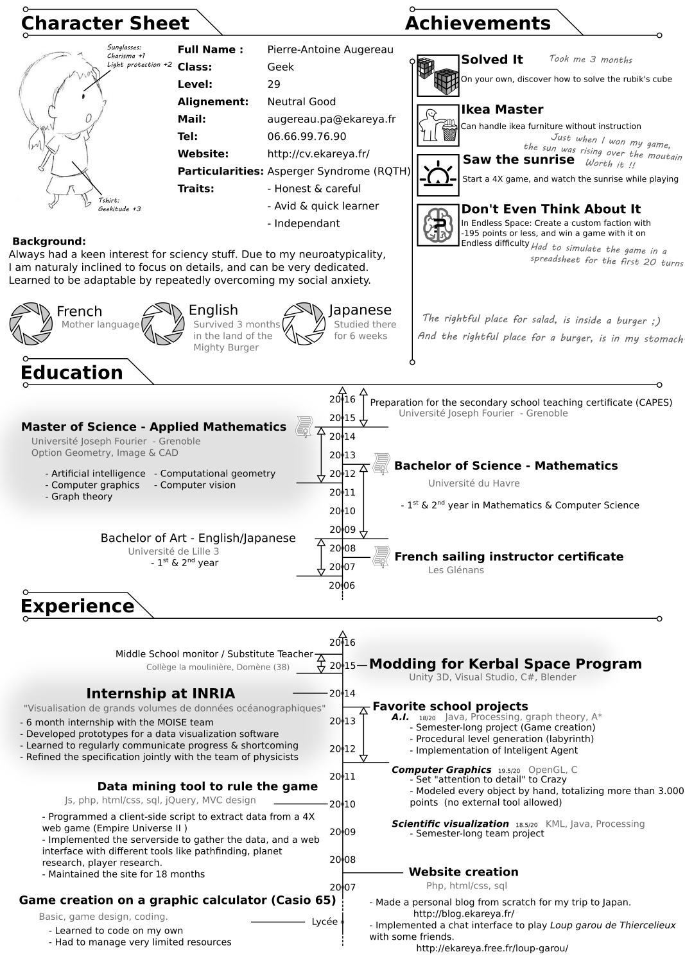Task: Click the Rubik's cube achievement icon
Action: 438,75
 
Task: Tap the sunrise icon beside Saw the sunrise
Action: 438,175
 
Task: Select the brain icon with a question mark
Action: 438,225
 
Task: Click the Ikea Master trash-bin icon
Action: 438,125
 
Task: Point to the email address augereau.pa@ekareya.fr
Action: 331,119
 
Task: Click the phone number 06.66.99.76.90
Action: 306,136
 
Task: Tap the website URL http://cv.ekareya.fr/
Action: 318,154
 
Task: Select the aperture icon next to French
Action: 31,324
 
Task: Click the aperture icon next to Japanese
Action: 304,324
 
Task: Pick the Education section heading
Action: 71,373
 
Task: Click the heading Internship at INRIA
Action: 160,693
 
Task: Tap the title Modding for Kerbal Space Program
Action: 505,664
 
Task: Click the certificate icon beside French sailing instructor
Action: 381,557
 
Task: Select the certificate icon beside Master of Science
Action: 303,426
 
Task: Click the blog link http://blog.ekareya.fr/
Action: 464,913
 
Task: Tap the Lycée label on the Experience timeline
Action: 324,922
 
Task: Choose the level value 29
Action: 274,84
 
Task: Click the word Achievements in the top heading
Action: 478,23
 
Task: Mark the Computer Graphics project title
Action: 441,770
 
